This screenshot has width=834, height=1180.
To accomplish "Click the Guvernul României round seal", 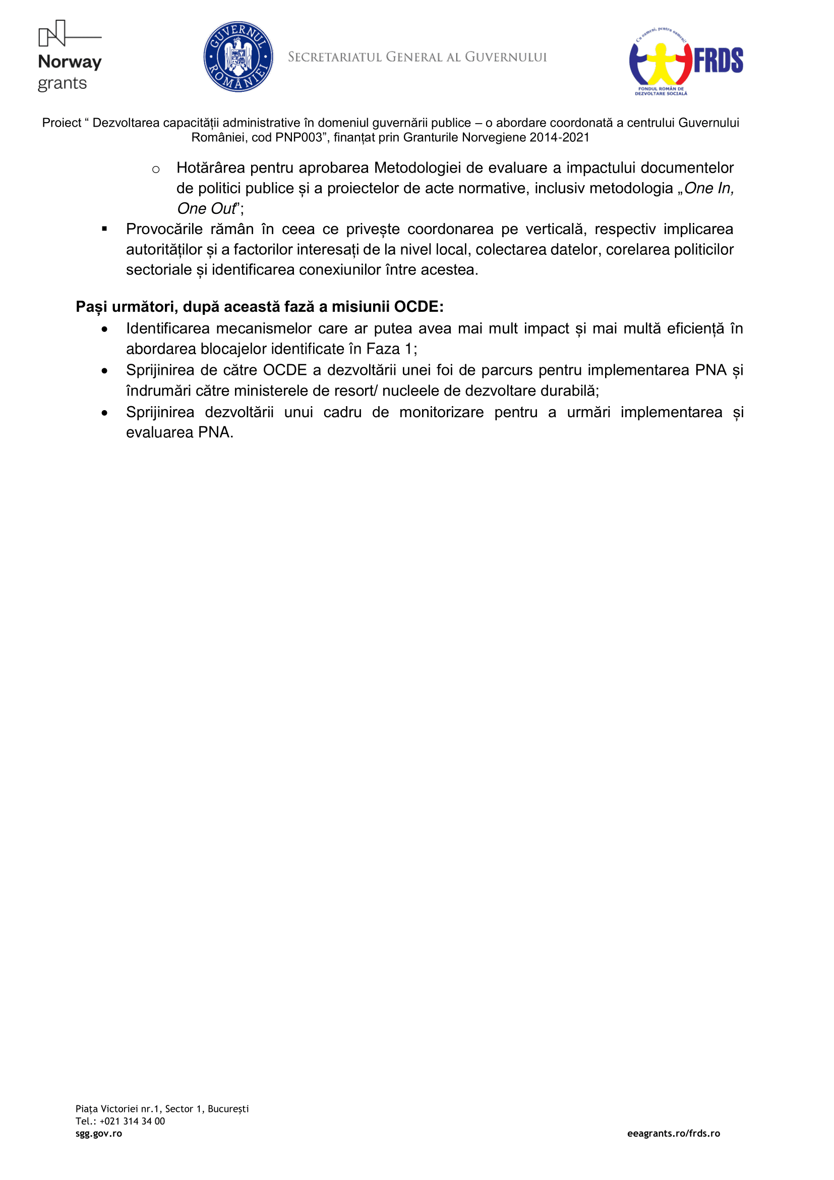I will (x=239, y=57).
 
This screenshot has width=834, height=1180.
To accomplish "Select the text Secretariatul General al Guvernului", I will (x=417, y=57).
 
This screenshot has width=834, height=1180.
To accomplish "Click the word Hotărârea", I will (x=211, y=168).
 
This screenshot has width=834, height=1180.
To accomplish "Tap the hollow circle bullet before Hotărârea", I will (x=156, y=169).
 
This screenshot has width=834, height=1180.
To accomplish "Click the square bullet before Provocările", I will (x=104, y=229).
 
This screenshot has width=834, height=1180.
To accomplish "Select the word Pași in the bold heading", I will (x=91, y=307).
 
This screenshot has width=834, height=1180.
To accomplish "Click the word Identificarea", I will (x=168, y=328).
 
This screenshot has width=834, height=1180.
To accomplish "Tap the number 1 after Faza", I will (x=408, y=349).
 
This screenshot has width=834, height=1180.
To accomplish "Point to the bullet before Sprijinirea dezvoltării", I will (x=105, y=413).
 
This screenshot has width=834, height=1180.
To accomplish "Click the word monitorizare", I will (x=441, y=412).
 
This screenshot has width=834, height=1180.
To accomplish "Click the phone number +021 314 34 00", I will (x=132, y=1121).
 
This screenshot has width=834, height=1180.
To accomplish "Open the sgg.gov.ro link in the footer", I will (x=99, y=1134).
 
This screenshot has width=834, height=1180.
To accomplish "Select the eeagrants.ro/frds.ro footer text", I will (x=673, y=1134).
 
